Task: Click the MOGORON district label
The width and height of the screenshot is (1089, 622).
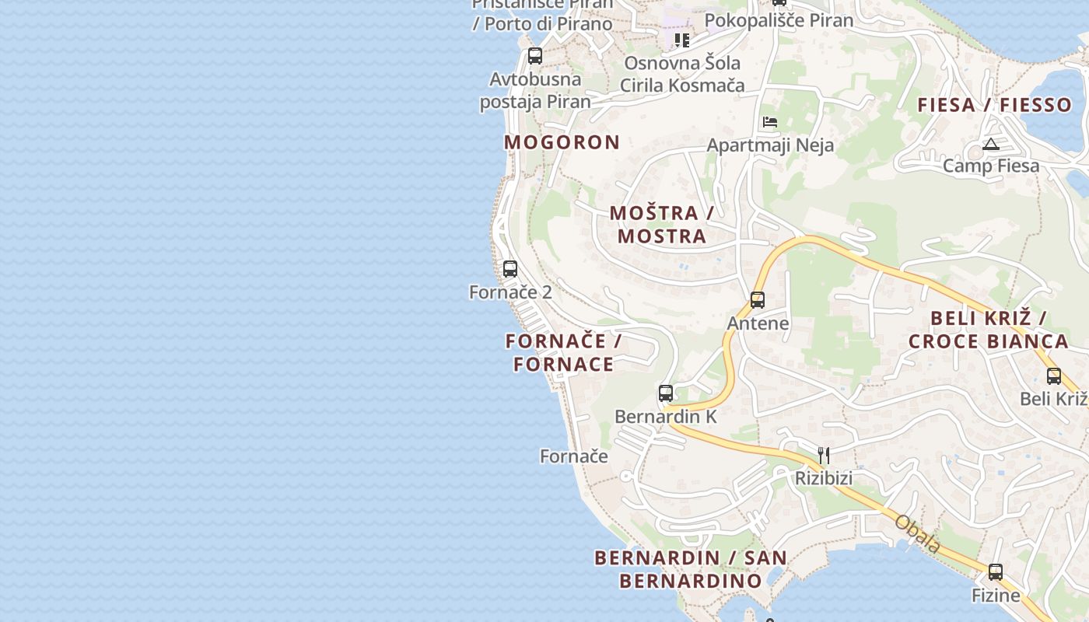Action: pos(562,142)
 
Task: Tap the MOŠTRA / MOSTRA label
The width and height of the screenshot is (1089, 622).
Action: pos(662,224)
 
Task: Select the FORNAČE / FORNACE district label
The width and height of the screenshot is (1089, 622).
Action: pos(563,352)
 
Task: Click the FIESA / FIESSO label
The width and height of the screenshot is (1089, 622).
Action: pos(994,105)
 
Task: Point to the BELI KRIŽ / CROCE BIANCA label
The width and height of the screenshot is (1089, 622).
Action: pos(988,329)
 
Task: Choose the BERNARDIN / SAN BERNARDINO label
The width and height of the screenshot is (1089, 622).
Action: pos(691,569)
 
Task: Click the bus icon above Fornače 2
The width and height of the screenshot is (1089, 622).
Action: pos(510,269)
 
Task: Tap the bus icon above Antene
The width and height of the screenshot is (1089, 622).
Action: pos(758,300)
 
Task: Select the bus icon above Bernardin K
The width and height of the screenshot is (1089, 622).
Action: pos(666,393)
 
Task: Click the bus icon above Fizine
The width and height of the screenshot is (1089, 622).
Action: pos(996,572)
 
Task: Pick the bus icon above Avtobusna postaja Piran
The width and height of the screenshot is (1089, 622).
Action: pos(535,56)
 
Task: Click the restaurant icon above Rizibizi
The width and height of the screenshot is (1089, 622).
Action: pos(824,455)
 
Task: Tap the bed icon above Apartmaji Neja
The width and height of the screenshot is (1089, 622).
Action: pos(770,122)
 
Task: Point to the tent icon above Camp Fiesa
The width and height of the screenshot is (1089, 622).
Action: pos(990,144)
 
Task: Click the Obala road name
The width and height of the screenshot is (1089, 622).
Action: pos(918,534)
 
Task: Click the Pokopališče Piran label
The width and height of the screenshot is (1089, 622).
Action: pos(779,20)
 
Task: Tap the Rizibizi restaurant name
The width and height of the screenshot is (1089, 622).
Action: pos(824,478)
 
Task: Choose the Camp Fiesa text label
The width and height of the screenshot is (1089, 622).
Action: pos(991,166)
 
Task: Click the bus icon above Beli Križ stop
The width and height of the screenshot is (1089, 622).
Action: pos(1054,376)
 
